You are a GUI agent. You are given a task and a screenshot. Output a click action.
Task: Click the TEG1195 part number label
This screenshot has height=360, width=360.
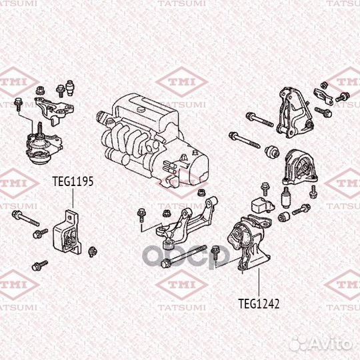[73, 181]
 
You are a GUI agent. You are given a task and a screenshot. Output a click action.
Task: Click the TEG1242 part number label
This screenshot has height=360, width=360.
[259, 303]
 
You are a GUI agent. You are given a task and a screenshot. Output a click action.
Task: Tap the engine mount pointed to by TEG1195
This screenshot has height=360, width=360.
[67, 233]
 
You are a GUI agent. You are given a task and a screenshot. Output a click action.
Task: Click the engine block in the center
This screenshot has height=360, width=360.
[153, 141]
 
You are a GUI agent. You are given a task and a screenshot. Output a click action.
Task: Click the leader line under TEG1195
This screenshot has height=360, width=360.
[73, 198]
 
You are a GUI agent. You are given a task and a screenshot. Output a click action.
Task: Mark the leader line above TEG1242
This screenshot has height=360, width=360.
[259, 283]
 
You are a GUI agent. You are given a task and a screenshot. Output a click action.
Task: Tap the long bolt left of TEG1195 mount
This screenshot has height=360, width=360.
[25, 218]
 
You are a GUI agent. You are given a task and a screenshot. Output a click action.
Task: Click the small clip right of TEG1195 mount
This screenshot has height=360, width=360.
[93, 251]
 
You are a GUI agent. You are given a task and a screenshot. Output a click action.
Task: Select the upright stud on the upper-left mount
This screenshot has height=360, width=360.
[40, 129]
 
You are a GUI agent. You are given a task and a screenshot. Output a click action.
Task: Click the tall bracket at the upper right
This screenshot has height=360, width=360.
[295, 113]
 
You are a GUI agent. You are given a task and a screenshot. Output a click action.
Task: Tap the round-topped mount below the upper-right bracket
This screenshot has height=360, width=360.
[299, 167]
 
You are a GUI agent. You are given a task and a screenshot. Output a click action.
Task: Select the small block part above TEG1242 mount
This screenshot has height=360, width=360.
[263, 204]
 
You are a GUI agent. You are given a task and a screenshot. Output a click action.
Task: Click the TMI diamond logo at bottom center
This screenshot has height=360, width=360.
[182, 285]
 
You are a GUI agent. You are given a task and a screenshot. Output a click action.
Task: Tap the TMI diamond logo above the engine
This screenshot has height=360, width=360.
[182, 82]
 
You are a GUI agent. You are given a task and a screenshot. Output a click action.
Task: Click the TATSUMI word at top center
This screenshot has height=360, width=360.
[181, 3]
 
